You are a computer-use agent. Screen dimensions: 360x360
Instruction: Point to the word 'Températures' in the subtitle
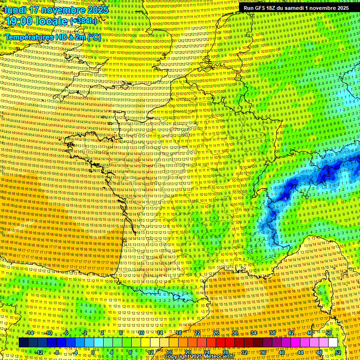tap(29, 37)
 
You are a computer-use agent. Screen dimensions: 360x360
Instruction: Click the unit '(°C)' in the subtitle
tap(93, 37)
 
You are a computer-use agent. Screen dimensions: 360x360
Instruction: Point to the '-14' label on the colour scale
tap(30, 333)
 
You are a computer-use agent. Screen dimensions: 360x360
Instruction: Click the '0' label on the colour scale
tap(93, 352)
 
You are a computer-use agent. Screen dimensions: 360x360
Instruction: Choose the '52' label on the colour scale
tap(338, 352)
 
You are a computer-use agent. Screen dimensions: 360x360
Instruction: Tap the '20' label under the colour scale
tap(188, 352)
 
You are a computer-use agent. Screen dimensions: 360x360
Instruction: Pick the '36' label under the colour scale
tap(262, 352)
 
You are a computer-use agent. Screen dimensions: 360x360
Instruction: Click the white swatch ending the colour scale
tap(333, 343)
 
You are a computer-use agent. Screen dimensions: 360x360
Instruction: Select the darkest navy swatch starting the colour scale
tap(23, 343)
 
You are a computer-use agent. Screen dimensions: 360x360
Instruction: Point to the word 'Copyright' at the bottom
tap(178, 357)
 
